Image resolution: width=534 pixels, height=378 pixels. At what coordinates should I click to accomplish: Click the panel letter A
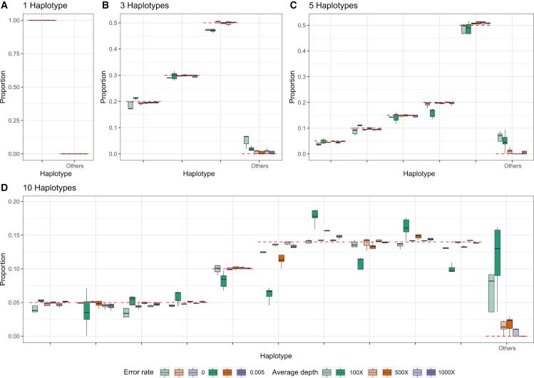pos(4,6)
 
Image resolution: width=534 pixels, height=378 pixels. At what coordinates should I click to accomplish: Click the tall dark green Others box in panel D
pos(498,252)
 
